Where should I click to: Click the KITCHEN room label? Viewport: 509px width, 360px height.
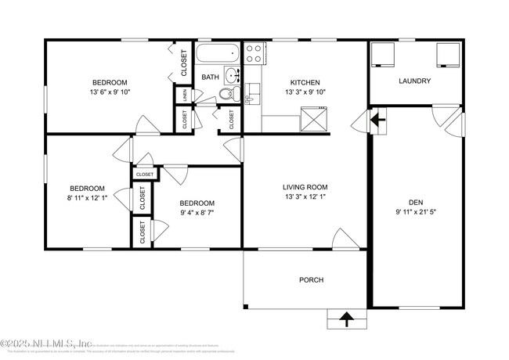[305, 82]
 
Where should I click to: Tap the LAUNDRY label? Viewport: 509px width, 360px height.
[414, 81]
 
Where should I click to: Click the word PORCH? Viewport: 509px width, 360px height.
[311, 279]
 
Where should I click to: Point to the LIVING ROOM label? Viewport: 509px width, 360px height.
[305, 187]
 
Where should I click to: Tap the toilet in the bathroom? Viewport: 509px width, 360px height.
[226, 93]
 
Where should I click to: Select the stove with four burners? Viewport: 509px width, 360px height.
[254, 54]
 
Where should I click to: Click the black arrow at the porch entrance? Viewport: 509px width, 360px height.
[345, 319]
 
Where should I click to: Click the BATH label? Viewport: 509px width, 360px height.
[210, 77]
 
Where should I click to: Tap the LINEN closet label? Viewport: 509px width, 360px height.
[185, 95]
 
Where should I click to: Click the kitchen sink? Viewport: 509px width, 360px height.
[251, 98]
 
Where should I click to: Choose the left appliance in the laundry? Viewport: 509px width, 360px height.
[383, 54]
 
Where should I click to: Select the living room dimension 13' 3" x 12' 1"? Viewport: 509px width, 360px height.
[305, 197]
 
